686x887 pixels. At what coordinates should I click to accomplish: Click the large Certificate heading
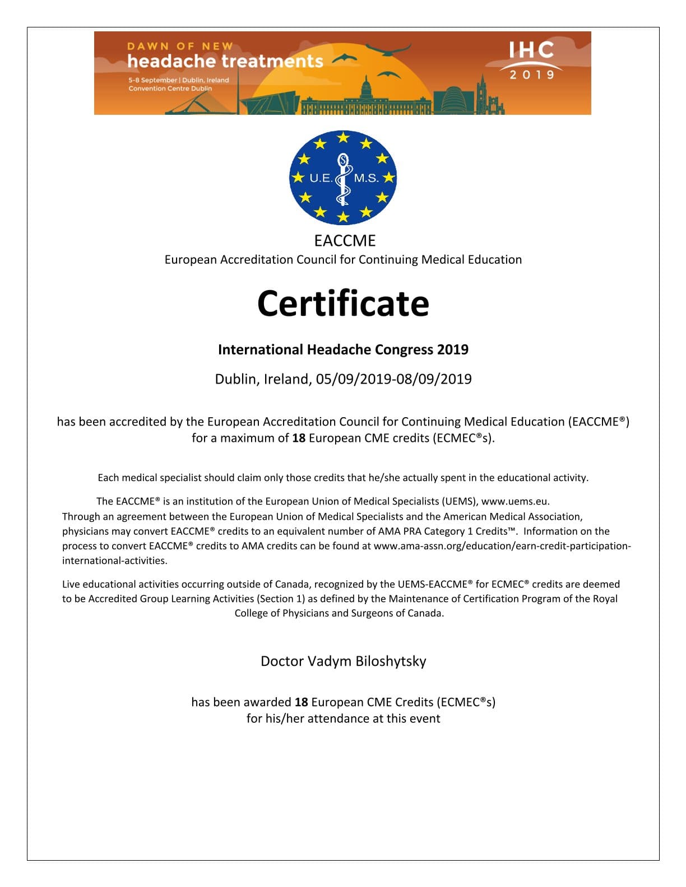[343, 304]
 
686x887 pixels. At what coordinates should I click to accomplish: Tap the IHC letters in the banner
[531, 50]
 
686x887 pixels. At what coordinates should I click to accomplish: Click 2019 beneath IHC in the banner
[531, 74]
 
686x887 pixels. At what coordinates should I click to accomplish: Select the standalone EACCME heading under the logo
[345, 241]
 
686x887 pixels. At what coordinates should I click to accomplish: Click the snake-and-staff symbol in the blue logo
[343, 179]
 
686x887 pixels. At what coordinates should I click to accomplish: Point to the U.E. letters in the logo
[321, 178]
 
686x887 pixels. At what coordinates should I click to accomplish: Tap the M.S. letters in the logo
[367, 178]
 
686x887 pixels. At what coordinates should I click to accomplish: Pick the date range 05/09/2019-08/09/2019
[393, 379]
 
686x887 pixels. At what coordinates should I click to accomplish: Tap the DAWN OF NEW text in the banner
[180, 46]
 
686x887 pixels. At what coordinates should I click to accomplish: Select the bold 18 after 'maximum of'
[299, 438]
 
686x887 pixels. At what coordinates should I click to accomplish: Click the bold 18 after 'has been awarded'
[302, 702]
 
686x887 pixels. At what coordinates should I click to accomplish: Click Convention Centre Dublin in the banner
[170, 88]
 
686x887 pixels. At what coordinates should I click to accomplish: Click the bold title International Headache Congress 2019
[343, 350]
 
